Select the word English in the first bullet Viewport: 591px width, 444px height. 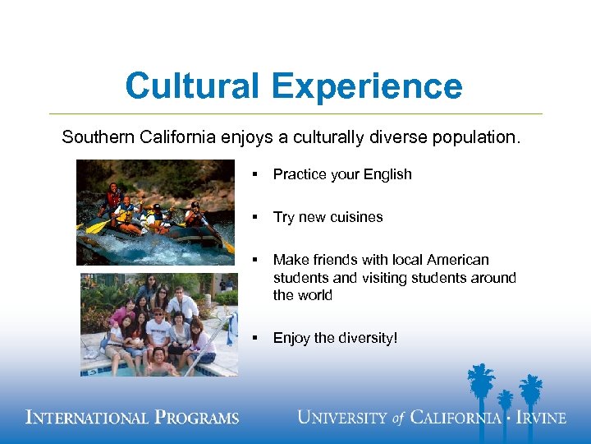385,174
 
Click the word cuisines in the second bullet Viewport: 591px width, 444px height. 355,217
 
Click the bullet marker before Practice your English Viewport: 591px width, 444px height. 256,174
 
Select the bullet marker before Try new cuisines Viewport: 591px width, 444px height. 256,217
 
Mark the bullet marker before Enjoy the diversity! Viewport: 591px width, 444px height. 256,338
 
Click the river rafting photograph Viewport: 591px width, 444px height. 155,211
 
